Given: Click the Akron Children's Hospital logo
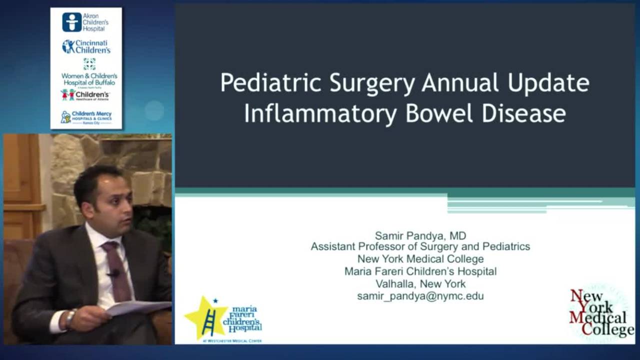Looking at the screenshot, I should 85,22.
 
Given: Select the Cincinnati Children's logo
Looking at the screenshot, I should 86,46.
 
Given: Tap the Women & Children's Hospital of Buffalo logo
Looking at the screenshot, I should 89,72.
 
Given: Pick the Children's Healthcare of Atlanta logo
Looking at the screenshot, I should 85,95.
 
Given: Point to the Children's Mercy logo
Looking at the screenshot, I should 86,117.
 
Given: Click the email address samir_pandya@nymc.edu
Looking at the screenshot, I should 420,296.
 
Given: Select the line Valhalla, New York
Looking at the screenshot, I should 420,284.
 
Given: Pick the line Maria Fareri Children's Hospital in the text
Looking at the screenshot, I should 420,271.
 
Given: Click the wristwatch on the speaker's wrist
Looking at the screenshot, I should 70,317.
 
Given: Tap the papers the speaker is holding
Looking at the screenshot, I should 137,307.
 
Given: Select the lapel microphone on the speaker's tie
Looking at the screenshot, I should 114,273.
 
